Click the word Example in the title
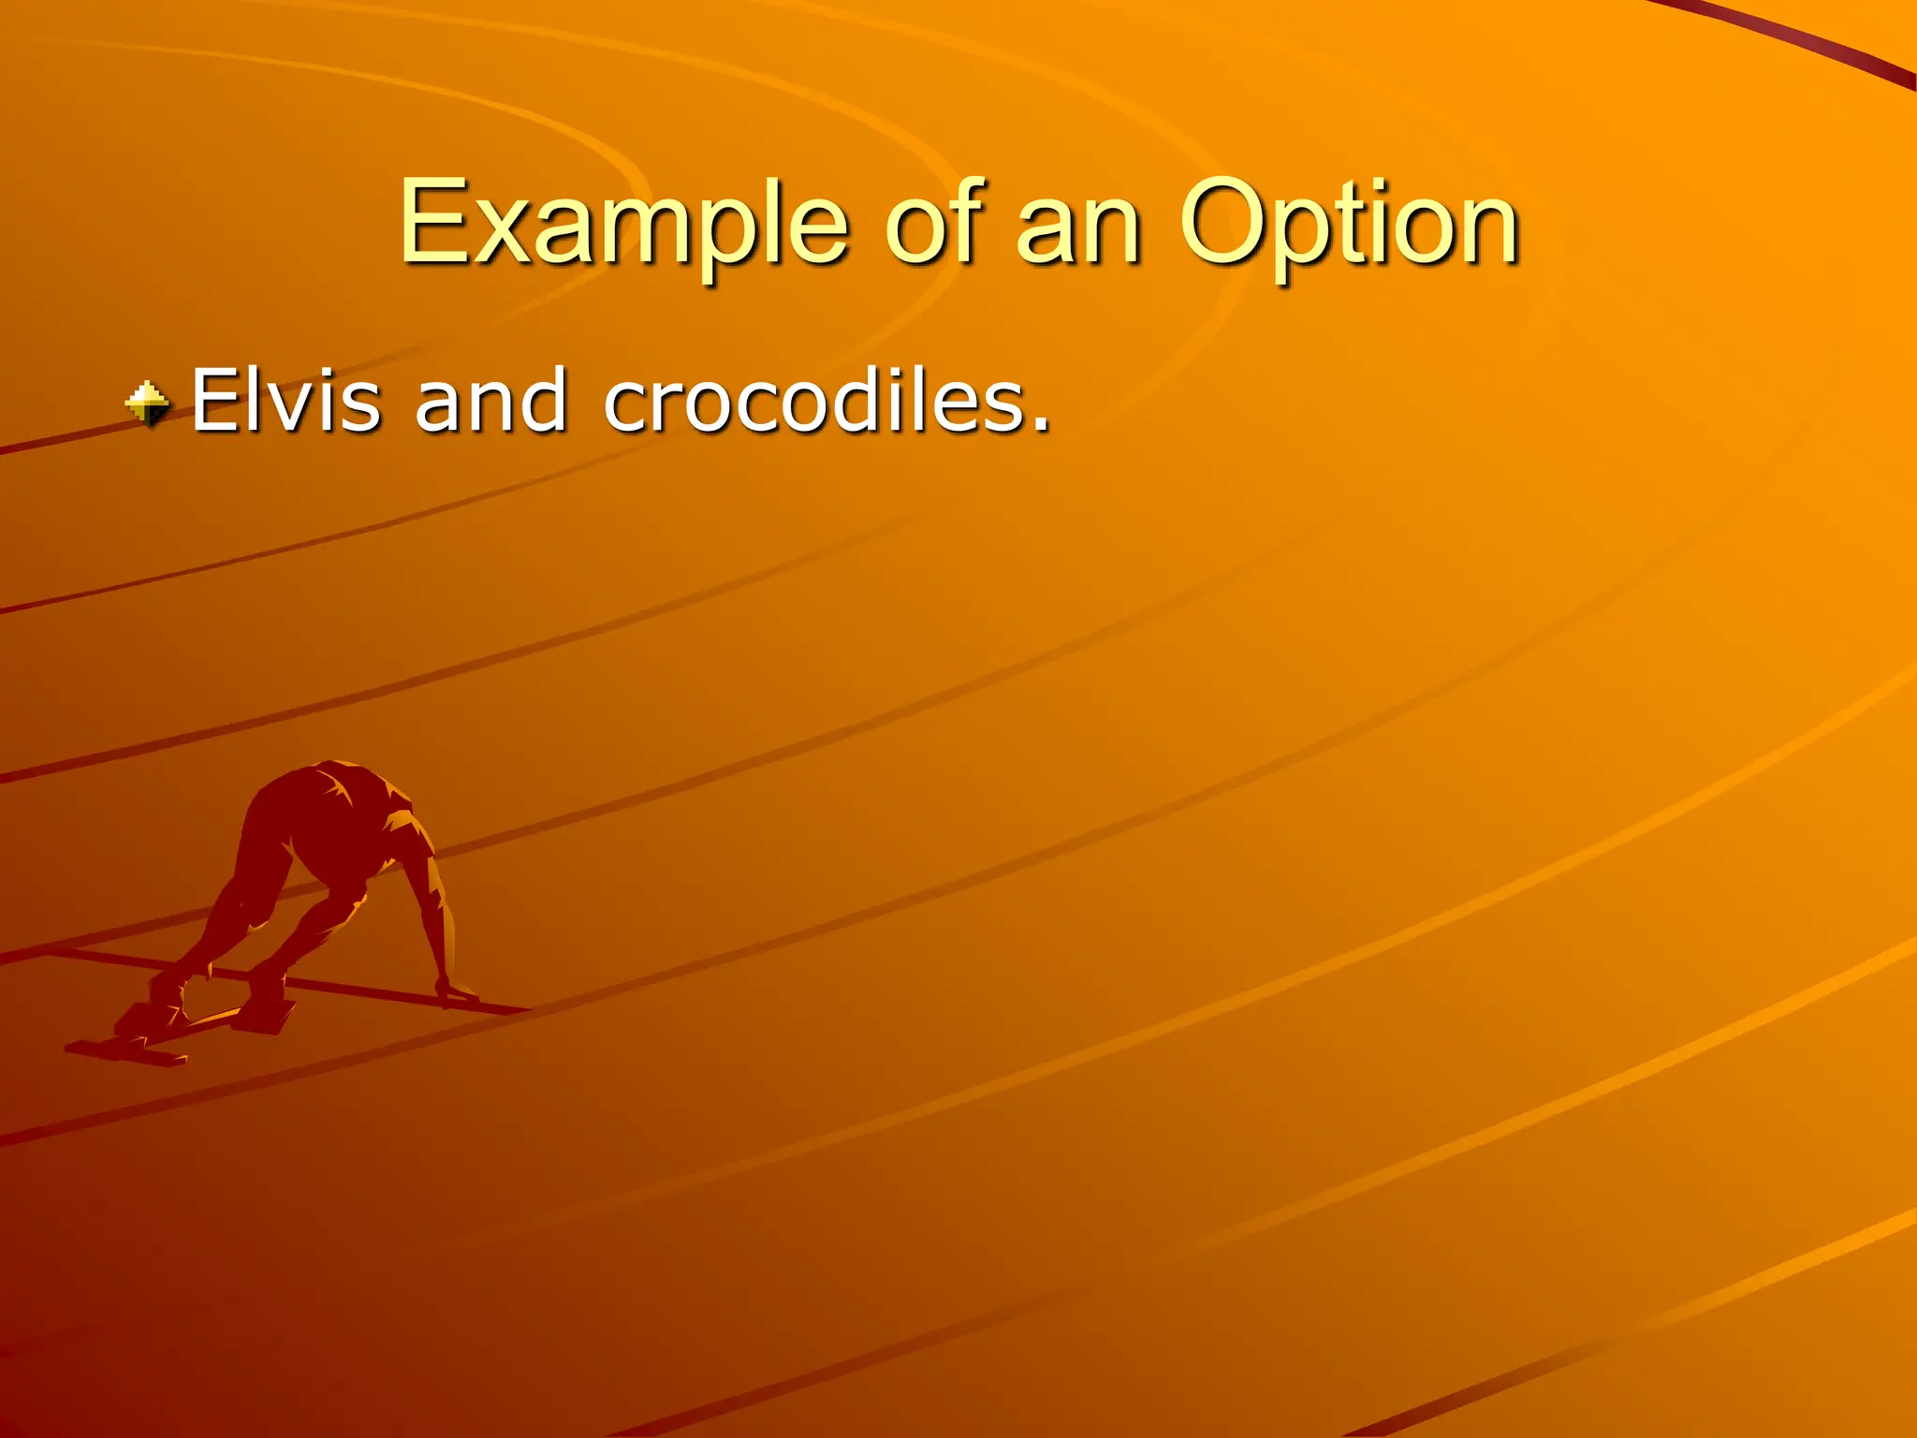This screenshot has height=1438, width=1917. click(623, 225)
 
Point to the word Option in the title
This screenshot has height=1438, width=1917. click(1348, 225)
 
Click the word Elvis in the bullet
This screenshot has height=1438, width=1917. click(285, 400)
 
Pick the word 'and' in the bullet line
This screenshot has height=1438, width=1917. click(490, 400)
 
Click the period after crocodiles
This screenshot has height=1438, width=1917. click(1040, 426)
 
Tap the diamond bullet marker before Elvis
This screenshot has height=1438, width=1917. click(148, 404)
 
